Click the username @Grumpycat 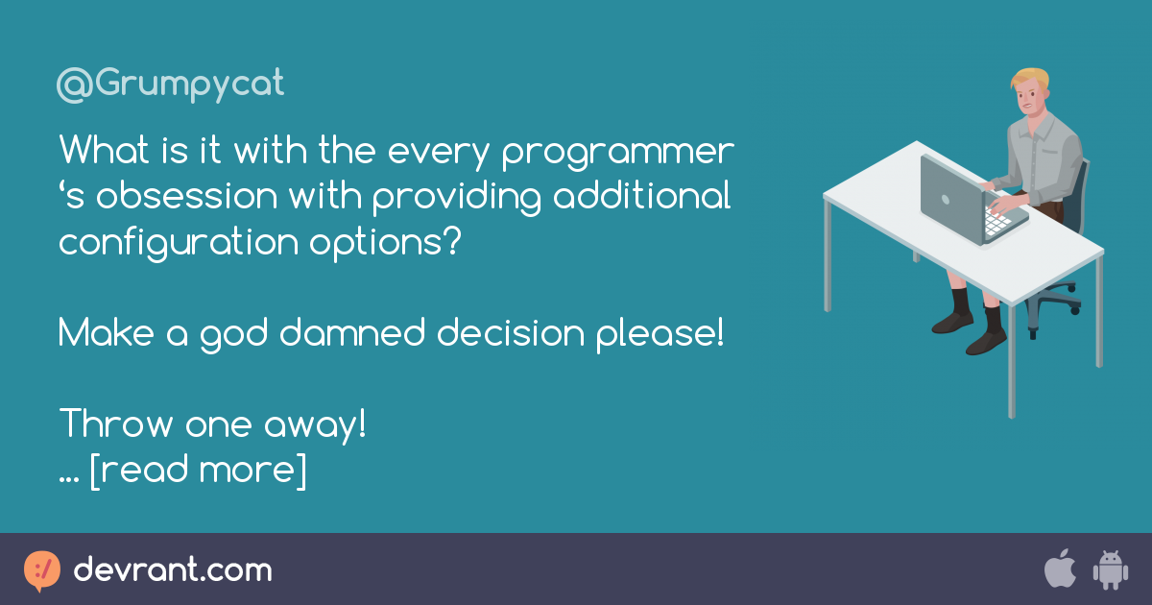click(171, 85)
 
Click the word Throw click(115, 423)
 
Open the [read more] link click(198, 470)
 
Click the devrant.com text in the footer click(173, 570)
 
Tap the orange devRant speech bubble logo click(41, 570)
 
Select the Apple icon click(1060, 569)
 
